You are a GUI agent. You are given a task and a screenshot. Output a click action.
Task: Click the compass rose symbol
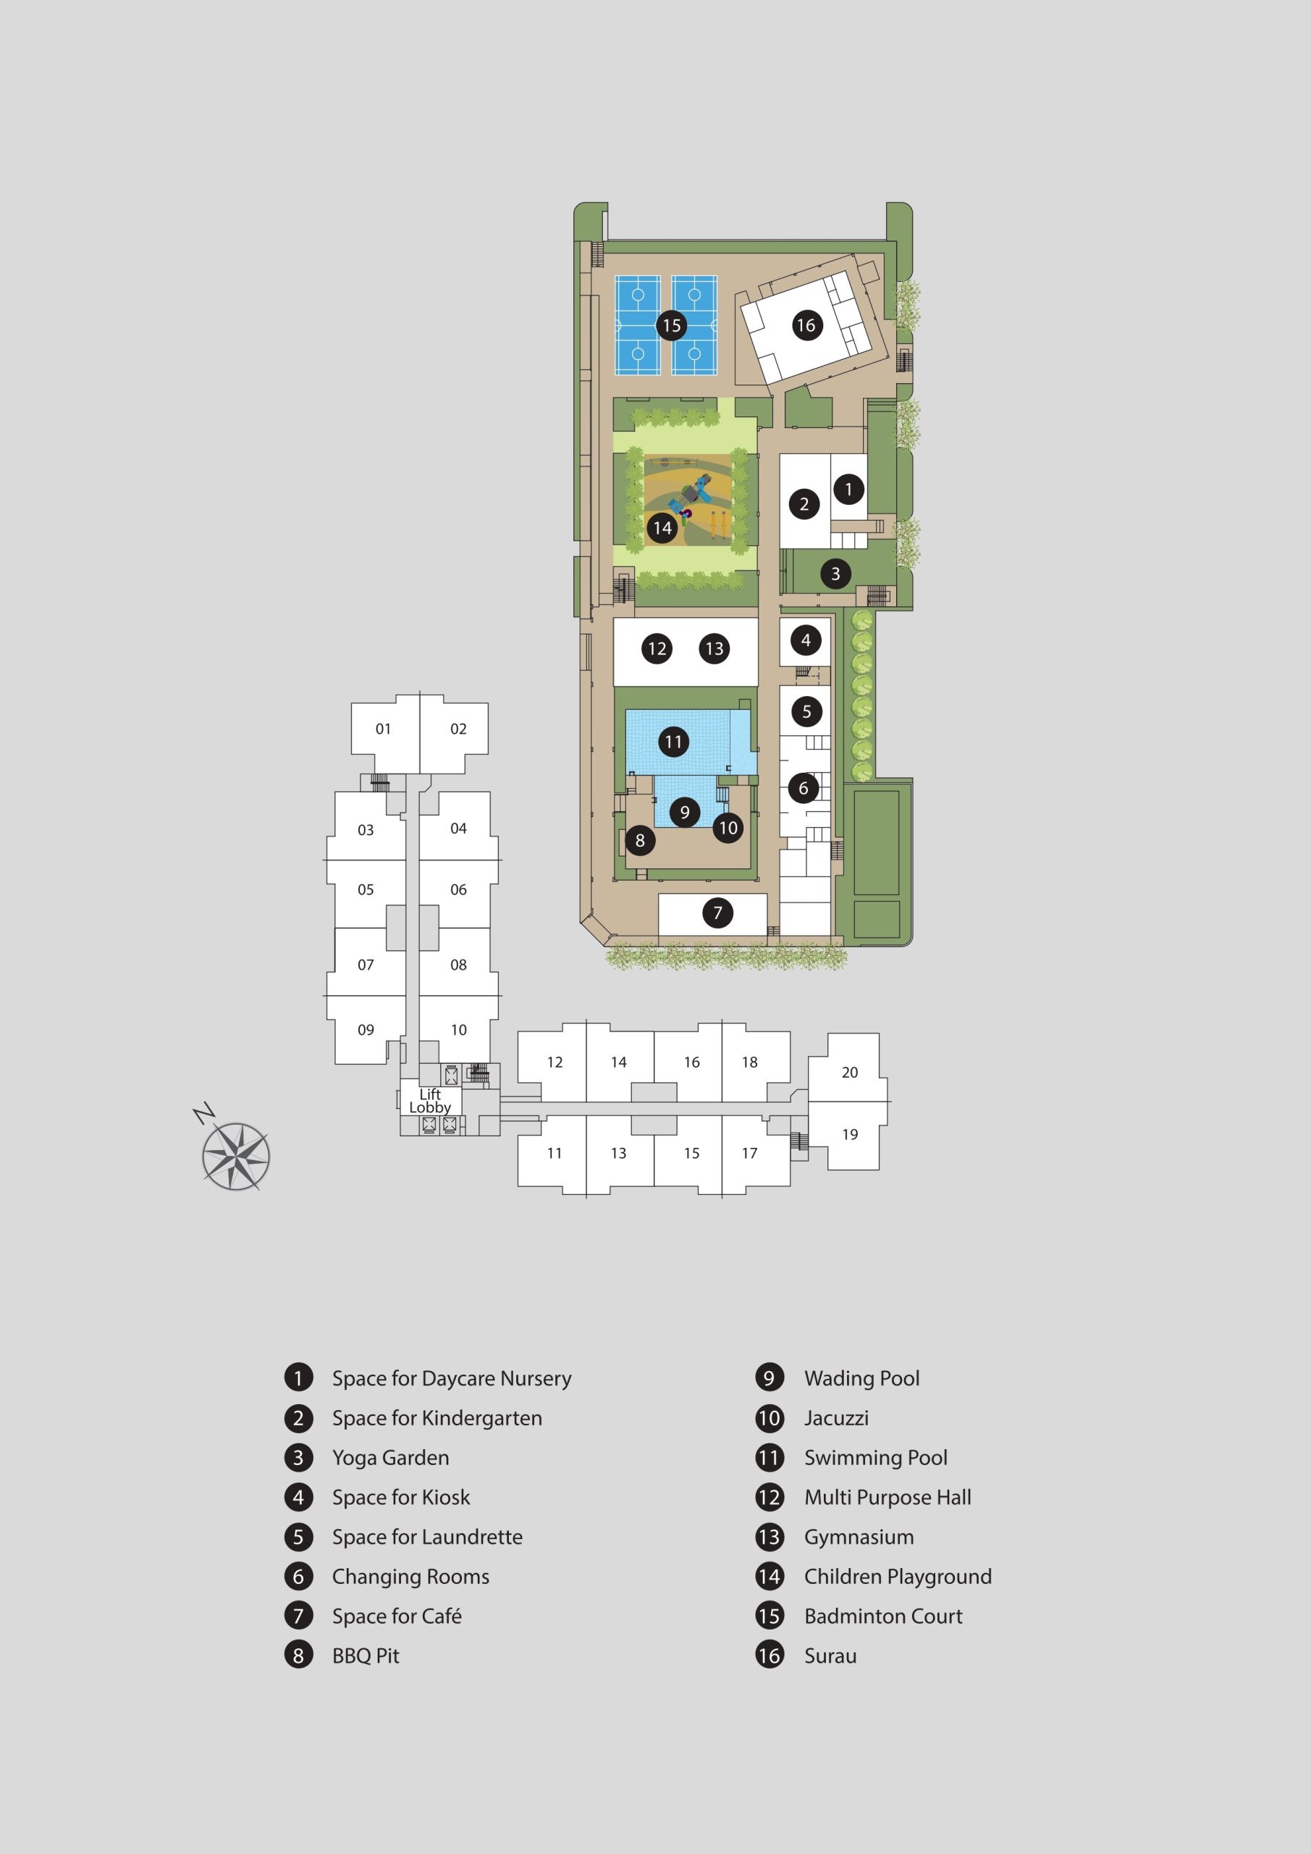tap(235, 1156)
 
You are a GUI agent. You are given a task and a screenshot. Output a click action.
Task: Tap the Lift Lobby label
tap(429, 1101)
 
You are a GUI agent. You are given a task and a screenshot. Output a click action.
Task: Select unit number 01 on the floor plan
tap(384, 729)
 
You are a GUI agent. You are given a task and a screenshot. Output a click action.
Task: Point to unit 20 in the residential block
tap(850, 1073)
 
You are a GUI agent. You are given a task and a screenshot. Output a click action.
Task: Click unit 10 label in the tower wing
tap(458, 1030)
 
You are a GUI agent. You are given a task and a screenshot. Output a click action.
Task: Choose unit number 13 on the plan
tap(618, 1153)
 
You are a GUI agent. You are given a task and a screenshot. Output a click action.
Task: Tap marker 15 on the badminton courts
tap(672, 325)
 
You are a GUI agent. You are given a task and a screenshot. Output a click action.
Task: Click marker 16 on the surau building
tap(806, 325)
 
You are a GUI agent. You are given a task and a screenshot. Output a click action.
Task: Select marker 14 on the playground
tap(662, 528)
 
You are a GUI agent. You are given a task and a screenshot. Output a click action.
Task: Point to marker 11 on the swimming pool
tap(673, 742)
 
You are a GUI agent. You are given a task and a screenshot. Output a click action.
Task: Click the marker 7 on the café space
tap(717, 913)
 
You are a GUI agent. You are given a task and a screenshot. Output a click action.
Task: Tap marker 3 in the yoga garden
tap(835, 574)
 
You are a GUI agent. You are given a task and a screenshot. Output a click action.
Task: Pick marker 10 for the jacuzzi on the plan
tap(728, 828)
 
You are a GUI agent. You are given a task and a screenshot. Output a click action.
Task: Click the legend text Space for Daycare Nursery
tap(452, 1378)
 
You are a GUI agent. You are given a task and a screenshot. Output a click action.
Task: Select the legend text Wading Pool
tap(862, 1378)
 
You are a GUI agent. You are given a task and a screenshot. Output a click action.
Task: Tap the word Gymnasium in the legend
tap(859, 1537)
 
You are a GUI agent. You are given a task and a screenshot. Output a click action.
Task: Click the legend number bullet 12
tap(770, 1497)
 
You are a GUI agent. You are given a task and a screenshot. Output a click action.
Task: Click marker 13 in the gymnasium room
tap(714, 648)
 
